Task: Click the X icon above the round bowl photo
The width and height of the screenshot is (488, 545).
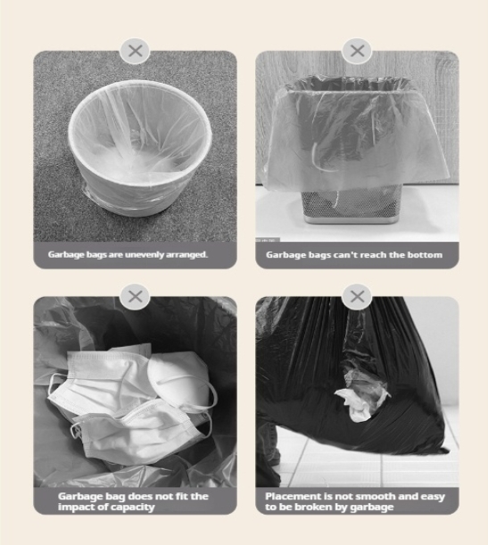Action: pyautogui.click(x=136, y=51)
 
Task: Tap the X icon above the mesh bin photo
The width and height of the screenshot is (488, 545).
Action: pyautogui.click(x=357, y=51)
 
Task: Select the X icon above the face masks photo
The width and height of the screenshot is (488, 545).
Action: pyautogui.click(x=136, y=296)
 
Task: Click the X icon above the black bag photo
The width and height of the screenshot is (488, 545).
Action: pyautogui.click(x=357, y=296)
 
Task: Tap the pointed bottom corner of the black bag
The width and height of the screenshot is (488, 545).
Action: pyautogui.click(x=447, y=451)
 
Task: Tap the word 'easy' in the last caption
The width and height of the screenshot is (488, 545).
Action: pyautogui.click(x=433, y=497)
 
